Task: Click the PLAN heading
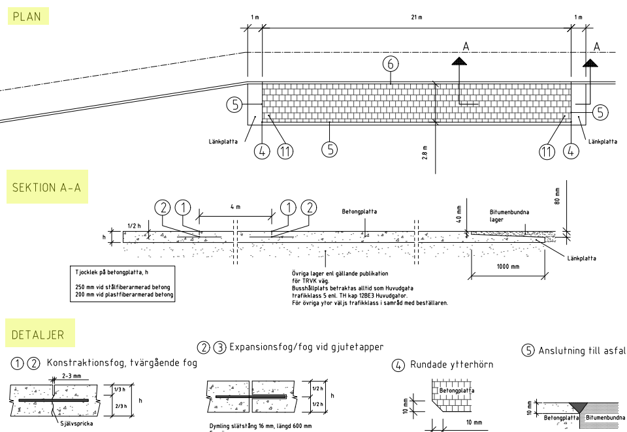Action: point(27,16)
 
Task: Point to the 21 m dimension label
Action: point(416,16)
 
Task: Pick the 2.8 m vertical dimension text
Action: point(425,154)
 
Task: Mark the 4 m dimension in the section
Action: point(236,206)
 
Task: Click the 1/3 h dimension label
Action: point(120,390)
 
